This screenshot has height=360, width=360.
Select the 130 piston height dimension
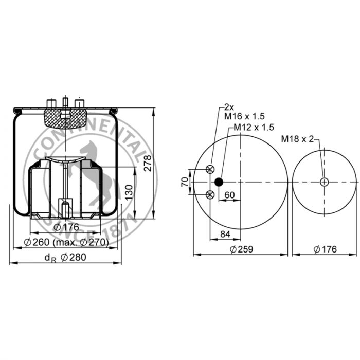point(129,192)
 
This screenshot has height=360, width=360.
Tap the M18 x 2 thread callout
point(297,139)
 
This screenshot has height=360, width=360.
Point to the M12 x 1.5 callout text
point(254,127)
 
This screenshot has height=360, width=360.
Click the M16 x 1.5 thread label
point(244,116)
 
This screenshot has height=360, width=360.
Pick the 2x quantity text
point(229,107)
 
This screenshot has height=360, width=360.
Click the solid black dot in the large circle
point(219,182)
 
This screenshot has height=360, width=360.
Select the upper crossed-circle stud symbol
point(210,169)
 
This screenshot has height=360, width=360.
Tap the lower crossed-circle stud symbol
point(210,195)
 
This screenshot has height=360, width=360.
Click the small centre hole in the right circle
point(324,182)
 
